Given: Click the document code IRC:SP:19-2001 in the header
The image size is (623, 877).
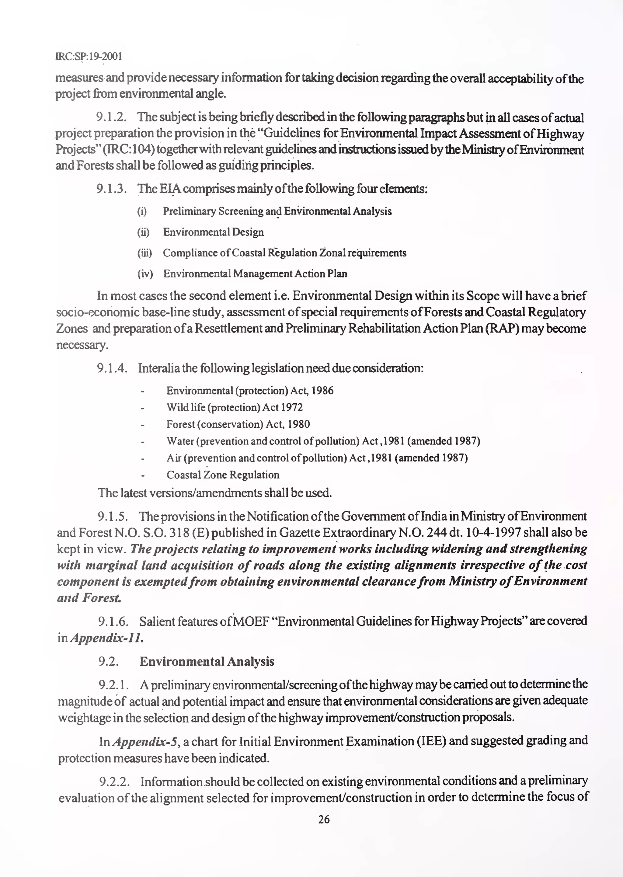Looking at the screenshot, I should [89, 56].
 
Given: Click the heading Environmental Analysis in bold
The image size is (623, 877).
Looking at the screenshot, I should [207, 661].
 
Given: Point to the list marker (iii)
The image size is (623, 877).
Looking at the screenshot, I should [144, 253].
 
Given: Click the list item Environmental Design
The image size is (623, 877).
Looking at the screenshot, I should [213, 232].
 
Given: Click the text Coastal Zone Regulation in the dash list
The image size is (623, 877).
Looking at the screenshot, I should [222, 475].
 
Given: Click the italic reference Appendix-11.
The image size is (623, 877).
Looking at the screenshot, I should [107, 638].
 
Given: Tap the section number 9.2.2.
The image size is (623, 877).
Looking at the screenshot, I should [114, 781].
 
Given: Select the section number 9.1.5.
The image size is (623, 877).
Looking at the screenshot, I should [113, 517].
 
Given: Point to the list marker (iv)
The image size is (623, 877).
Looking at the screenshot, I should [145, 274].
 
